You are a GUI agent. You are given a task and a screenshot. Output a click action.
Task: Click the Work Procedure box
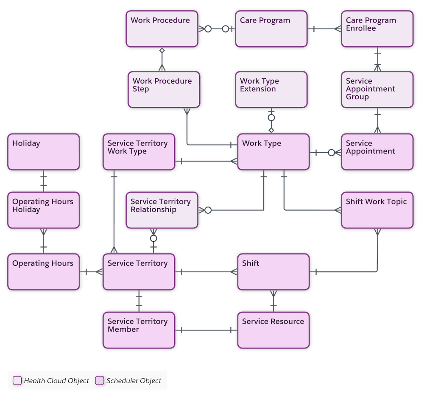point(162,29)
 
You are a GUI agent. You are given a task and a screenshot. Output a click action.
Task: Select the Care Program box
point(271,29)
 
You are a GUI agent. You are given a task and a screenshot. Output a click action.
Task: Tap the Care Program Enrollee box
point(377,29)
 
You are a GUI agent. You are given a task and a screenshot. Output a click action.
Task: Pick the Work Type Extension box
point(271,89)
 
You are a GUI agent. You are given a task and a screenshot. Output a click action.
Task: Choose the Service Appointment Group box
point(377,89)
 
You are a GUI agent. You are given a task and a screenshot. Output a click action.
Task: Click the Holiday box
point(43,152)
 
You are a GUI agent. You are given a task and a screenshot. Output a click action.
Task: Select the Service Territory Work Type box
point(139,152)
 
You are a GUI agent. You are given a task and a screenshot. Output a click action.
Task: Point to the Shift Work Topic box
point(377,210)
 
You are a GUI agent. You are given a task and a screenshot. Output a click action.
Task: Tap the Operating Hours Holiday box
point(43,210)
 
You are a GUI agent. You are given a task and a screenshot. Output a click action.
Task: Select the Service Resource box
point(274,329)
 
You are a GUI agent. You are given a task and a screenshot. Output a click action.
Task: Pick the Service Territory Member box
point(139,329)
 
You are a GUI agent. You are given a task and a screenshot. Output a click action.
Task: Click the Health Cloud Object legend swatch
point(17,380)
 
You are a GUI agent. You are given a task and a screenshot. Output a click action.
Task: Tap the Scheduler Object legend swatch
point(100,380)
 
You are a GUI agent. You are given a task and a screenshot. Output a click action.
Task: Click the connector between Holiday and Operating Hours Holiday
point(43,181)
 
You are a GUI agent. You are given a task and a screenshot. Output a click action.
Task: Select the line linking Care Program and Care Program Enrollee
point(324,29)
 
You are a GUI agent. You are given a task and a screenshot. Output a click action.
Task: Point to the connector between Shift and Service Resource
point(274,300)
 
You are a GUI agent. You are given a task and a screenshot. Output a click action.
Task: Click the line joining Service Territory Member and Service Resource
point(206,330)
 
